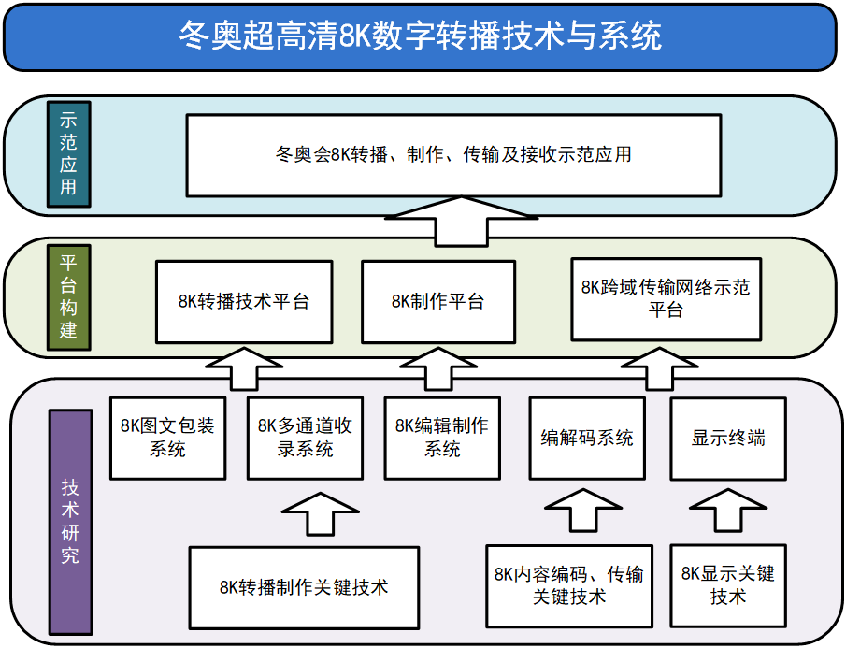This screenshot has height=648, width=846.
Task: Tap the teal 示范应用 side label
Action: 68,154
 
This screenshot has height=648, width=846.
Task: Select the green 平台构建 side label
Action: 68,296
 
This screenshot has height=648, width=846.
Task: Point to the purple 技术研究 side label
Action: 70,520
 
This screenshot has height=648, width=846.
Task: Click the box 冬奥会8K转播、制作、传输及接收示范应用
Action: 453,154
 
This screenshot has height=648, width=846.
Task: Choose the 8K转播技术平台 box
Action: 243,301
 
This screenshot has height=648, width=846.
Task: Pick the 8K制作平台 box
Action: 437,301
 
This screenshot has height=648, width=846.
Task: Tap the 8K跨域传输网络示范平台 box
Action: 666,299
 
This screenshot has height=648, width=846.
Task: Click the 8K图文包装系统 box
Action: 168,438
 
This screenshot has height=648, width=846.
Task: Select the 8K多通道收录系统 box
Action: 305,438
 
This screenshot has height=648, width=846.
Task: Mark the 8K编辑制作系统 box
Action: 442,438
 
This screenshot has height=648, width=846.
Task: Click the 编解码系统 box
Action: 587,438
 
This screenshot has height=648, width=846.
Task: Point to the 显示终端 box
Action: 728,438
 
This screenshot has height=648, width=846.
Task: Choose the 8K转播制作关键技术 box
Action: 304,587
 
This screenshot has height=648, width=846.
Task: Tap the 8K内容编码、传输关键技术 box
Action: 569,584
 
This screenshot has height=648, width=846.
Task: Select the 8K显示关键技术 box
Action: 728,584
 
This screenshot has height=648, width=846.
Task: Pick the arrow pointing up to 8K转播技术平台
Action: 243,367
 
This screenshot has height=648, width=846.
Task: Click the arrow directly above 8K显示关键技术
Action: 728,512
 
